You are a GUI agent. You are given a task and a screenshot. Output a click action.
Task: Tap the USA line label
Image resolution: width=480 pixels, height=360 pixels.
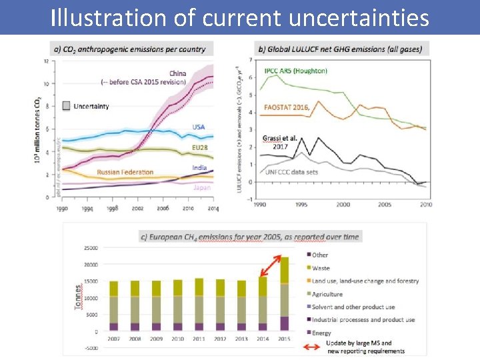point(199,127)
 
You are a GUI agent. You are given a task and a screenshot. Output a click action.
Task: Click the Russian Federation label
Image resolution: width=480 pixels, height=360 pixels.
point(125,172)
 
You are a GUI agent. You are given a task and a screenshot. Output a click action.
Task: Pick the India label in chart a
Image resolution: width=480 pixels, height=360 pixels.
point(199,167)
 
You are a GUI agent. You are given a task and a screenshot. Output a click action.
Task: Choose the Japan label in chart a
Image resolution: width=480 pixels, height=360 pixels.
point(201,187)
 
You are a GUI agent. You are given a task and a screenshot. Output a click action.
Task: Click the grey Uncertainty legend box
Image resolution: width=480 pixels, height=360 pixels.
point(66,106)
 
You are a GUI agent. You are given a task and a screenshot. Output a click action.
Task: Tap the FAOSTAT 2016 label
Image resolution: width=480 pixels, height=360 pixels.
point(287,107)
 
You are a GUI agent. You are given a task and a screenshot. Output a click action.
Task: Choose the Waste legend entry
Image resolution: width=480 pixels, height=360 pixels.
point(321,268)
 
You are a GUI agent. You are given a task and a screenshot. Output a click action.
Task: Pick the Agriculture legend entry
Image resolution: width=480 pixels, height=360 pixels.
point(327,294)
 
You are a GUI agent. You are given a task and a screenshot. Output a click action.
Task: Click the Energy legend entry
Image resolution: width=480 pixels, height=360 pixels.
point(321,333)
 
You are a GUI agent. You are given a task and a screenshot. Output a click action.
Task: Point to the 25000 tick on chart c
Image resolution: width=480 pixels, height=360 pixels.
point(89,248)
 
